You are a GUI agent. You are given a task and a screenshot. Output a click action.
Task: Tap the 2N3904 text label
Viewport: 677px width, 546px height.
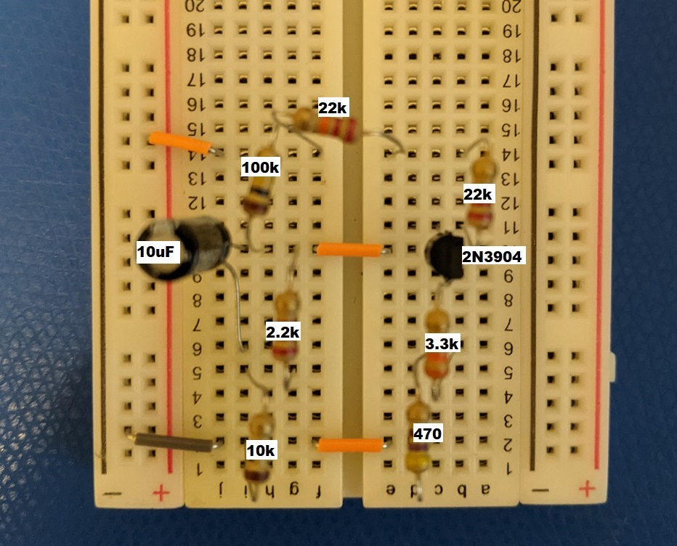coord(492,256)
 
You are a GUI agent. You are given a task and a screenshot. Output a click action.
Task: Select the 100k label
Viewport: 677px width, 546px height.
coord(260,168)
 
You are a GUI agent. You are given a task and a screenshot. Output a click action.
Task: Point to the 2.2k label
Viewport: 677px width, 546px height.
coord(283,332)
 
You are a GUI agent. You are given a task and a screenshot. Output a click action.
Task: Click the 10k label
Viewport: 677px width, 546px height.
coord(261,451)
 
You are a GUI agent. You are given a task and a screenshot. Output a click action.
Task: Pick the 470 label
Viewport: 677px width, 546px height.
coord(427,434)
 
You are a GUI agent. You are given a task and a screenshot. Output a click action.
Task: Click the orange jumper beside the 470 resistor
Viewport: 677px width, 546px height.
coord(351,444)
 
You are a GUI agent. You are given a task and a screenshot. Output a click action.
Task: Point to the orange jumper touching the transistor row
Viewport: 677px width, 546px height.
coord(349,250)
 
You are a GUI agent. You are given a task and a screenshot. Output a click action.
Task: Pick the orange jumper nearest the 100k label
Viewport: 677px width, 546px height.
coord(179,143)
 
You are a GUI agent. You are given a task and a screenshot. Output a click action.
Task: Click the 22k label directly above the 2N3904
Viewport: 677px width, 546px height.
coord(479,194)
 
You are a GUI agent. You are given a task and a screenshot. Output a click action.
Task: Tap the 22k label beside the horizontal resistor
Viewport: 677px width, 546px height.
coord(333,108)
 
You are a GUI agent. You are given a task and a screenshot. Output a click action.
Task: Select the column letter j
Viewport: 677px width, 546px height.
coord(221,492)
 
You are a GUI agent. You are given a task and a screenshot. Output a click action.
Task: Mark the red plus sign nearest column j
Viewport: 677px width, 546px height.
coord(161,494)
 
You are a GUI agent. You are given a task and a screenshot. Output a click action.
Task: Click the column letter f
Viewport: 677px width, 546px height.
coord(317,492)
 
